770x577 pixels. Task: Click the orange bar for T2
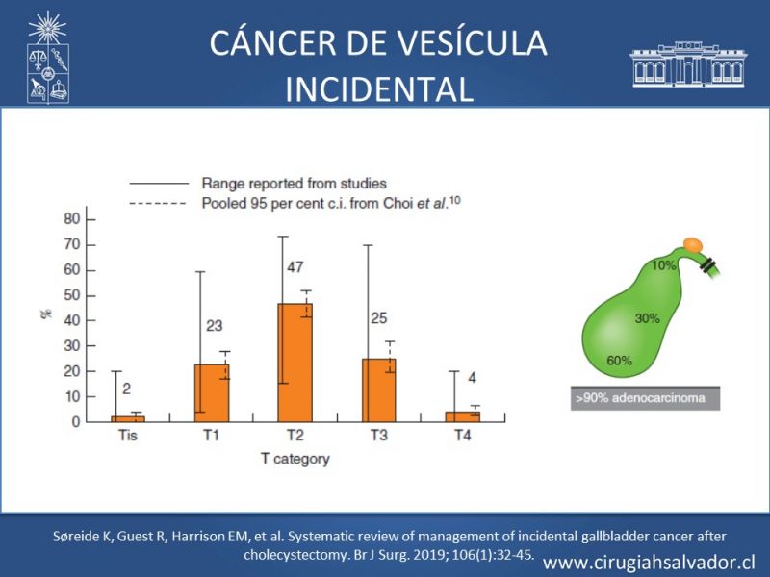tap(295, 363)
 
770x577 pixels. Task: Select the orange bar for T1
tap(212, 392)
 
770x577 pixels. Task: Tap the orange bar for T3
tap(378, 389)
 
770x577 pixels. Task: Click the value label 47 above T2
tap(295, 266)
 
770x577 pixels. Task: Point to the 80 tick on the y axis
tap(71, 218)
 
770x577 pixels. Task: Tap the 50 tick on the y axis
tap(71, 294)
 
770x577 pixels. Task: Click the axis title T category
tap(295, 459)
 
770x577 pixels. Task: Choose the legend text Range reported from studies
tap(294, 183)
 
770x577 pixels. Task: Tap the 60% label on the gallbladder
tap(619, 361)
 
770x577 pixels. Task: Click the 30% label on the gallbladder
tap(648, 315)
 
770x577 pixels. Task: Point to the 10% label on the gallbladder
tap(663, 265)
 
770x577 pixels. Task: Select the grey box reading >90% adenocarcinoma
tap(644, 399)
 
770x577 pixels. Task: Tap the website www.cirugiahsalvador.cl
tap(649, 562)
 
